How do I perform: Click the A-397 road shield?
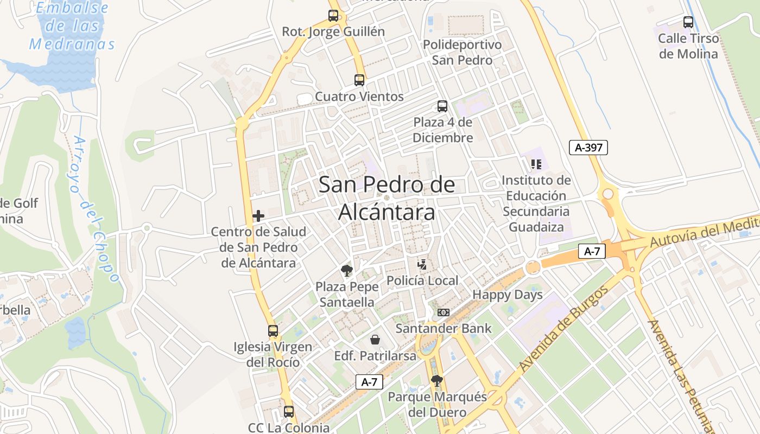click(588, 147)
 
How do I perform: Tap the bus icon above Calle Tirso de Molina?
click(688, 22)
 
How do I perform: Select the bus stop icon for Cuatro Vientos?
click(359, 80)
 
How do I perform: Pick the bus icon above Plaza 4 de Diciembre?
click(442, 106)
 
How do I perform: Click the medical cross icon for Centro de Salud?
click(258, 216)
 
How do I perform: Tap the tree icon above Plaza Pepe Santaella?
click(346, 270)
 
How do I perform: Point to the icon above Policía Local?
click(422, 265)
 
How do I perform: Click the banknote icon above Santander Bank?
click(444, 312)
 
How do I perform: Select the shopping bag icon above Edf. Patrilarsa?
click(375, 340)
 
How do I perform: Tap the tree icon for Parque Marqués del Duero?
click(437, 381)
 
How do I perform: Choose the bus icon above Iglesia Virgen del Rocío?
click(273, 330)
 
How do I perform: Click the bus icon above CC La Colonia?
click(289, 412)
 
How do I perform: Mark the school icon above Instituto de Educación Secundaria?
click(536, 164)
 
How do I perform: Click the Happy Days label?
click(508, 295)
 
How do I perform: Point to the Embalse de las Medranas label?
click(72, 26)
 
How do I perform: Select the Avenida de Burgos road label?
click(562, 330)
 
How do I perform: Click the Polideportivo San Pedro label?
click(462, 52)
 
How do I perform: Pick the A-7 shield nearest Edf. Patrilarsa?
click(369, 382)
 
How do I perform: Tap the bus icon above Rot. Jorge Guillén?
click(333, 16)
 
